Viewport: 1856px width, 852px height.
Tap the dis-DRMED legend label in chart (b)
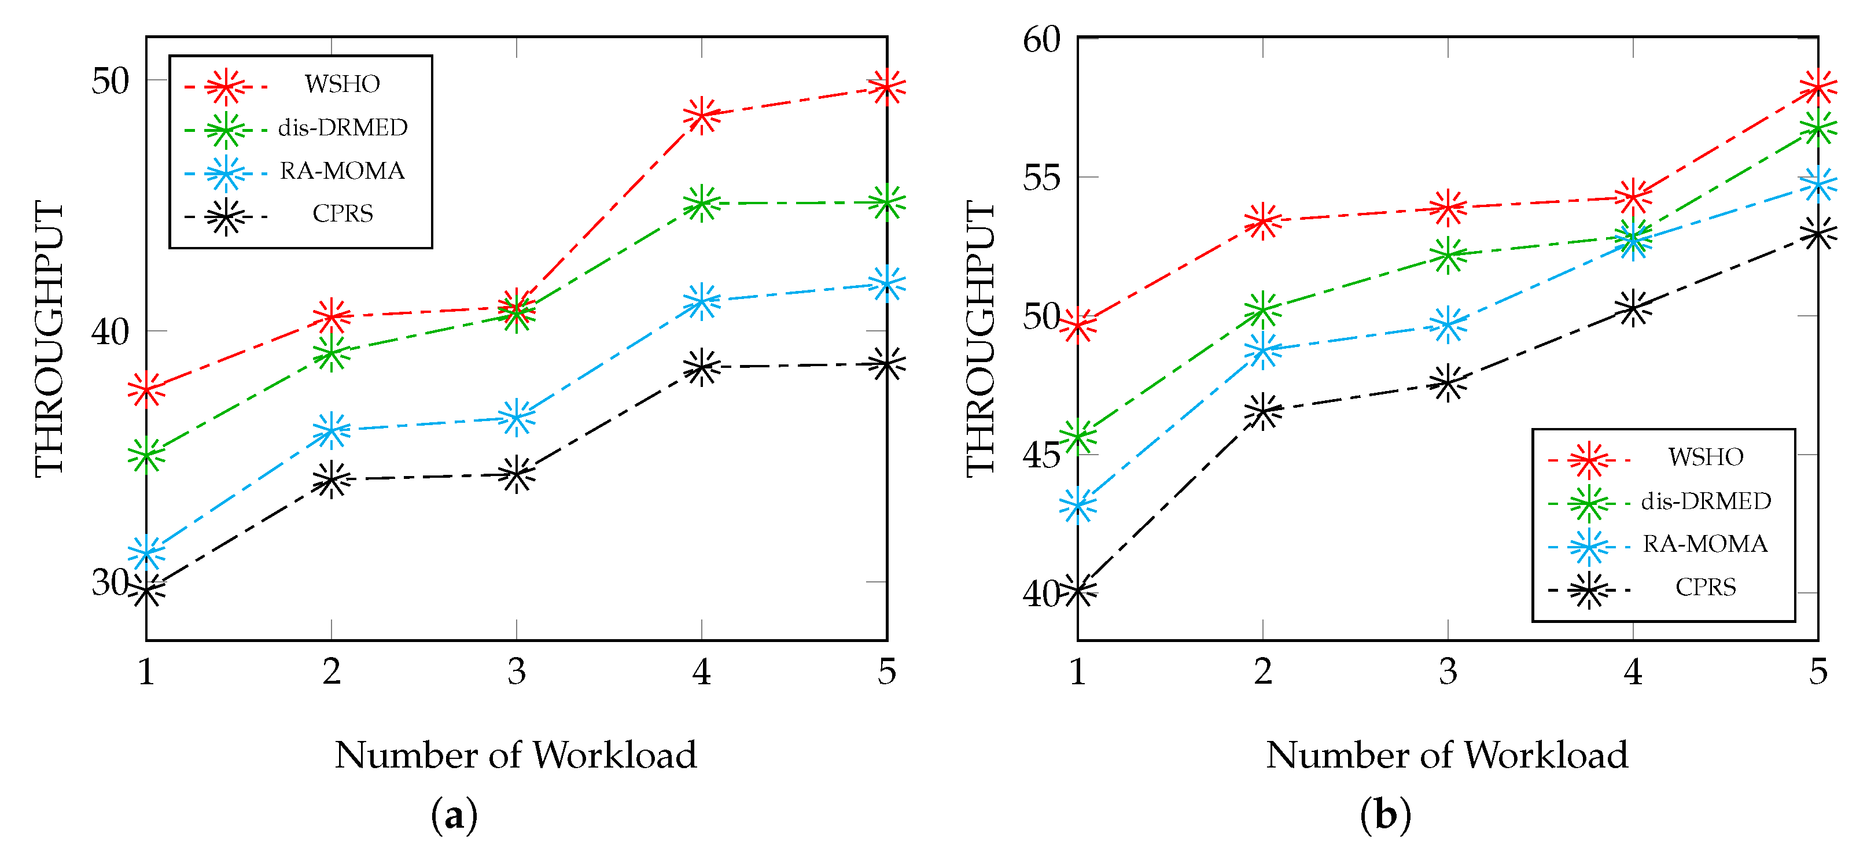1706,501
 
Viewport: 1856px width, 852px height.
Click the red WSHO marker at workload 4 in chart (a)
702,115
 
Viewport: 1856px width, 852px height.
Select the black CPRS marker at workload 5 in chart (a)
886,364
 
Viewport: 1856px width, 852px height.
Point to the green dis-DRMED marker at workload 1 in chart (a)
147,455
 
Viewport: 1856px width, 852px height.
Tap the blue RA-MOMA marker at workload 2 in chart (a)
332,431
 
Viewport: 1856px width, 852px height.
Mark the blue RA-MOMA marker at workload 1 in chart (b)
1078,506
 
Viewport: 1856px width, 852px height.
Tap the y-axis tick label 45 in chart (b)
1042,455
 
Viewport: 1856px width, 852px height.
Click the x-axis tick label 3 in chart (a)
517,672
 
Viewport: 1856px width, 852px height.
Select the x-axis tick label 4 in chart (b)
1633,672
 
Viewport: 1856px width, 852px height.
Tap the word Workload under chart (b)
1546,755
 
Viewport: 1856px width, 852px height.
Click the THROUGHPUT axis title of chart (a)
50,338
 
